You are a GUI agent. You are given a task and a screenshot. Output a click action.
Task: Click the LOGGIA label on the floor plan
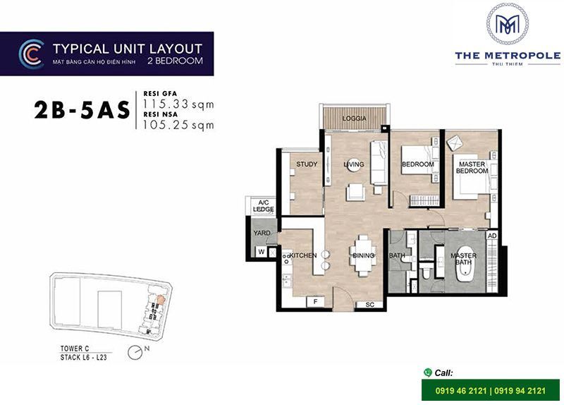click(355, 119)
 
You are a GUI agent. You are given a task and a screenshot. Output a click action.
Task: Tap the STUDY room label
click(307, 164)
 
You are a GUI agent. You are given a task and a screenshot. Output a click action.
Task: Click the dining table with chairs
click(363, 255)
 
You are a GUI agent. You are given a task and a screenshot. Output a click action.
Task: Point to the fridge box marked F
click(315, 302)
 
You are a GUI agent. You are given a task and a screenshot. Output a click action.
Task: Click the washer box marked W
click(262, 252)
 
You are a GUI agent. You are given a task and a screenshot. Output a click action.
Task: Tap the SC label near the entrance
click(369, 305)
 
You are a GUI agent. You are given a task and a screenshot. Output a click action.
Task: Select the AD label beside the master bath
click(492, 236)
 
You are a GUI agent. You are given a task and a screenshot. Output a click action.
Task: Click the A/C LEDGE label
click(263, 206)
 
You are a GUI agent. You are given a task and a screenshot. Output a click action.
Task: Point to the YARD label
click(262, 233)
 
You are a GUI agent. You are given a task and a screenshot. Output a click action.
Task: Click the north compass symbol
click(135, 353)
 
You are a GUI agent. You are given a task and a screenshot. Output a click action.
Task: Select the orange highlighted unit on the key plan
click(161, 300)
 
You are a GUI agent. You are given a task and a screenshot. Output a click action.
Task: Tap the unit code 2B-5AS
click(82, 110)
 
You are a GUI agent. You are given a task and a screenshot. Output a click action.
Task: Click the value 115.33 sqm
click(178, 104)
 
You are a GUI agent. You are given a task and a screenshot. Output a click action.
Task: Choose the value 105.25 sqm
click(178, 125)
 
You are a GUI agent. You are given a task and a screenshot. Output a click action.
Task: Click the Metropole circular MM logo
click(508, 24)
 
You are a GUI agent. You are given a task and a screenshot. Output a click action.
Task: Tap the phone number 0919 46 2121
click(461, 391)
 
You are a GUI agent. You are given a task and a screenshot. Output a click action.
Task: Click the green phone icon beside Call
click(428, 373)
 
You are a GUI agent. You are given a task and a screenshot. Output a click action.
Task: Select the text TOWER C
click(75, 349)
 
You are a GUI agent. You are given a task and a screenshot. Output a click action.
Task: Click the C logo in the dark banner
click(32, 54)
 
